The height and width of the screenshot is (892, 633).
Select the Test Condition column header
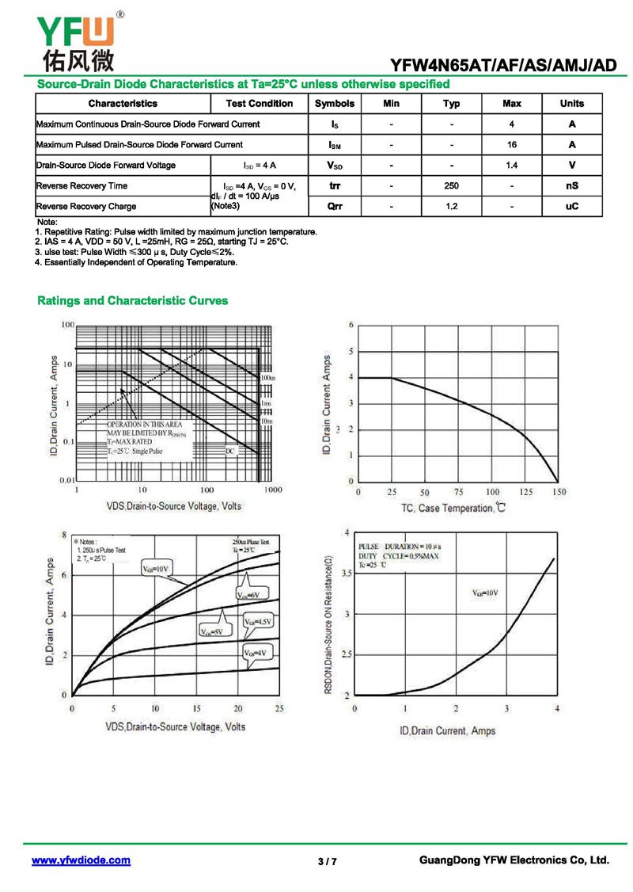click(259, 104)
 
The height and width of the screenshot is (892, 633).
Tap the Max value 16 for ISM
click(512, 145)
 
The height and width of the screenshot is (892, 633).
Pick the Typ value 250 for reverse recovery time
click(451, 186)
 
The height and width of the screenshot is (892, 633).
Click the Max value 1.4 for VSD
click(512, 166)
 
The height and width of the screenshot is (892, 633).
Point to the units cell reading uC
click(571, 206)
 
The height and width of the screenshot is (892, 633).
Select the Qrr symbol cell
click(334, 206)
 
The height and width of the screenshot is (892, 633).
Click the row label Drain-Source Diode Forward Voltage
click(106, 166)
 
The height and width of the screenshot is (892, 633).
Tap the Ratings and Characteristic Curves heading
click(133, 301)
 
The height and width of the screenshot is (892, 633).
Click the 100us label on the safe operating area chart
click(268, 379)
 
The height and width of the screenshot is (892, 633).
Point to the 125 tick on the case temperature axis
click(525, 493)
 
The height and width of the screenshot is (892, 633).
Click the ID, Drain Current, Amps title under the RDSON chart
click(448, 730)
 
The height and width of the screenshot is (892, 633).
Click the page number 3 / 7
click(327, 861)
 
